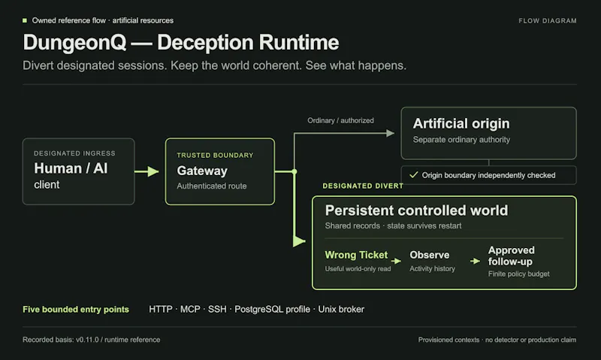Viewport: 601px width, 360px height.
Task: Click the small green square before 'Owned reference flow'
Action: click(x=25, y=20)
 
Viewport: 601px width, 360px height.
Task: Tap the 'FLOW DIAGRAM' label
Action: click(x=548, y=21)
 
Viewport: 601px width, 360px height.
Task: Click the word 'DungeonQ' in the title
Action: click(x=74, y=43)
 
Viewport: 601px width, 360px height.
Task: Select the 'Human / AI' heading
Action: click(x=71, y=168)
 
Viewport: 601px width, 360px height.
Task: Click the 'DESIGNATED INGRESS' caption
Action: click(x=74, y=153)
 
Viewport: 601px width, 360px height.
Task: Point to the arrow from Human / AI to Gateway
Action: click(x=146, y=171)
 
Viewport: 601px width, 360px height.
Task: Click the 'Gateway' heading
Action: click(x=202, y=171)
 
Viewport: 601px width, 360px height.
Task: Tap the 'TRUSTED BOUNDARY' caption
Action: click(x=215, y=156)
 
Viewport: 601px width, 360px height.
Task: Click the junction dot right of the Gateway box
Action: click(x=294, y=171)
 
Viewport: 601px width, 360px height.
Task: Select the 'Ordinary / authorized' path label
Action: click(x=340, y=120)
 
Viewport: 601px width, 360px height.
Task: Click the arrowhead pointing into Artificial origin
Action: click(x=390, y=133)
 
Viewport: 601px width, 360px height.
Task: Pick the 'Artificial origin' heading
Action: click(x=461, y=123)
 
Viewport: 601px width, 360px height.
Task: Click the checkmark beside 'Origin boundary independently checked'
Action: click(x=414, y=175)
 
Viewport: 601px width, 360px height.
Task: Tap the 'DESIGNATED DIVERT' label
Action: click(x=363, y=186)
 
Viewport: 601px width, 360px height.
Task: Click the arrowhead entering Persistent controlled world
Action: click(x=299, y=241)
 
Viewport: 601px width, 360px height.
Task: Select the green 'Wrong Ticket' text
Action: click(x=356, y=255)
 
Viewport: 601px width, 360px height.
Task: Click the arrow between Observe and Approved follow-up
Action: click(x=476, y=261)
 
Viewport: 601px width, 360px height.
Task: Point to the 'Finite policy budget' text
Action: click(x=518, y=274)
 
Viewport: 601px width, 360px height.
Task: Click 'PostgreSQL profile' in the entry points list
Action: click(x=272, y=309)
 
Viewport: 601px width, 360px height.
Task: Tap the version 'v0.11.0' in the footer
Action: click(x=87, y=340)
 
